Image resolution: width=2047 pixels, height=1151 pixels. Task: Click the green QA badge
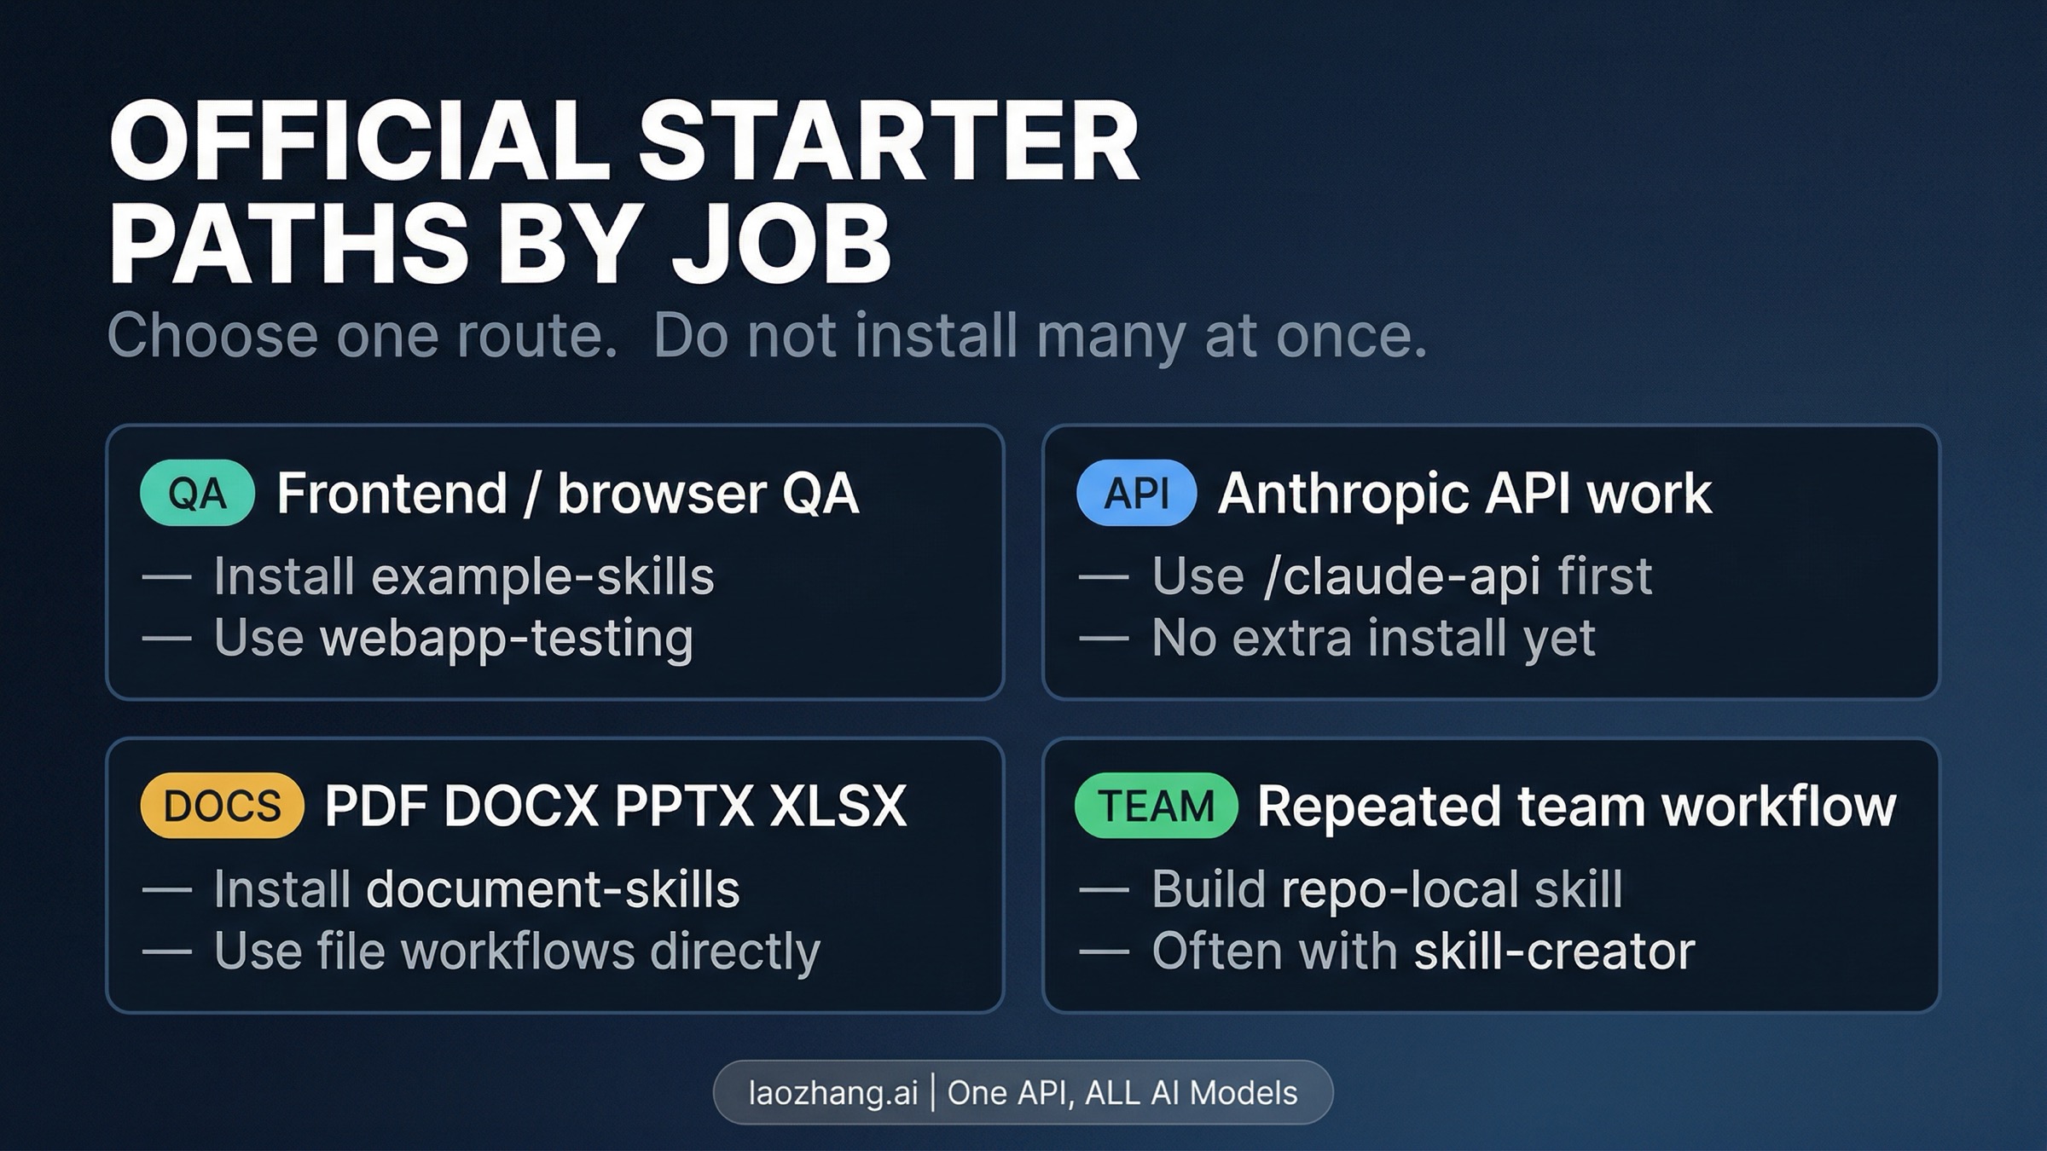coord(197,493)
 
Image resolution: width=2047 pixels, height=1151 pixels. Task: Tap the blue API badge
coord(1136,493)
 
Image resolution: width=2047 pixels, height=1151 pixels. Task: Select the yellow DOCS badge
coord(222,806)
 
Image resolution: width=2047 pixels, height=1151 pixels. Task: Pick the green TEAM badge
coord(1156,806)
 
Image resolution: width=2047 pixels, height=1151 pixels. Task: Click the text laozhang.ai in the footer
coord(832,1093)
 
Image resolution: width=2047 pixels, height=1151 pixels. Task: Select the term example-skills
coord(542,576)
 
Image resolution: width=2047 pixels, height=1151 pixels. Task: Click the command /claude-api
coord(1402,576)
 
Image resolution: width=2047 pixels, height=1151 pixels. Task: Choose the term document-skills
coord(553,889)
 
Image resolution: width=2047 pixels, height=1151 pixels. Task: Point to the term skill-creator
coord(1554,951)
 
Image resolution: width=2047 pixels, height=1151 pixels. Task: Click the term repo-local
coord(1401,889)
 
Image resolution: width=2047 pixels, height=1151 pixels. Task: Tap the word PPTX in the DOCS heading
coord(684,806)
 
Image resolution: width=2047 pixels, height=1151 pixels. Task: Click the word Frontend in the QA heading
coord(392,493)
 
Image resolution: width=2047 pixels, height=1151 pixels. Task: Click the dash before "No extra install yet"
coord(1104,639)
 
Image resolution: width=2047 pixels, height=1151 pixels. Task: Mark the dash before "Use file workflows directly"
coord(166,951)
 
